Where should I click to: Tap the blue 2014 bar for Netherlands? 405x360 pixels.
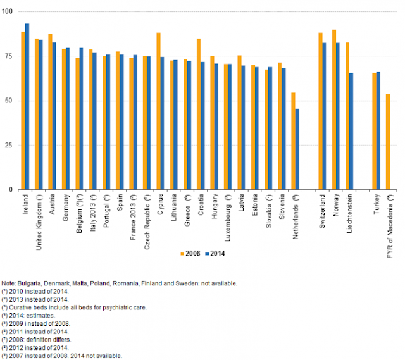coord(298,149)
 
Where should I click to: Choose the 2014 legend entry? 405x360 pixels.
coord(216,254)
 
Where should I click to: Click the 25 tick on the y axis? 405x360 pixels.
coord(9,145)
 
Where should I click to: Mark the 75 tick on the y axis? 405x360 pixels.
coord(9,56)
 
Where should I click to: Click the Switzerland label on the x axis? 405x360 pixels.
coord(322,213)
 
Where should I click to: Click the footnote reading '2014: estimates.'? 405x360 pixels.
coord(29,313)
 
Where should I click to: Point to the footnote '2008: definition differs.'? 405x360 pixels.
coord(37,338)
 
